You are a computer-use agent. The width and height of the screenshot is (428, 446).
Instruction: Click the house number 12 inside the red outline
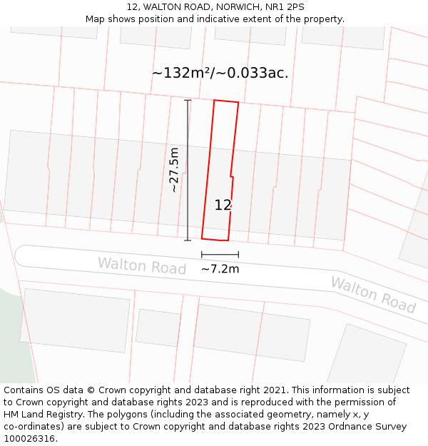(x=223, y=206)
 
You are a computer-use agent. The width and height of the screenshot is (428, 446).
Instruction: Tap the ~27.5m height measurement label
(x=174, y=170)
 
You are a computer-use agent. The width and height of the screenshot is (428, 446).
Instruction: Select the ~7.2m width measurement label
(x=220, y=269)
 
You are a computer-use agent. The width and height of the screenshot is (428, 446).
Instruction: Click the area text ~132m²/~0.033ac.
(x=220, y=73)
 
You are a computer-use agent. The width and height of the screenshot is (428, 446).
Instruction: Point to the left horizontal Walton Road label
(x=141, y=266)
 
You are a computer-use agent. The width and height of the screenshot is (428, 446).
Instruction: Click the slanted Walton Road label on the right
(x=372, y=295)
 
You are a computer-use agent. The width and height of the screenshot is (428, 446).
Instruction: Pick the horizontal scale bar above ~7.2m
(x=220, y=254)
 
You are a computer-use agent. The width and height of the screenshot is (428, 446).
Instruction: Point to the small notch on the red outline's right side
(x=232, y=176)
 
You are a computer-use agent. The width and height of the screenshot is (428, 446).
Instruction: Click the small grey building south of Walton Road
(x=158, y=328)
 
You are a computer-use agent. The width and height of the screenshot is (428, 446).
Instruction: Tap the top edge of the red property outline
(x=226, y=102)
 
